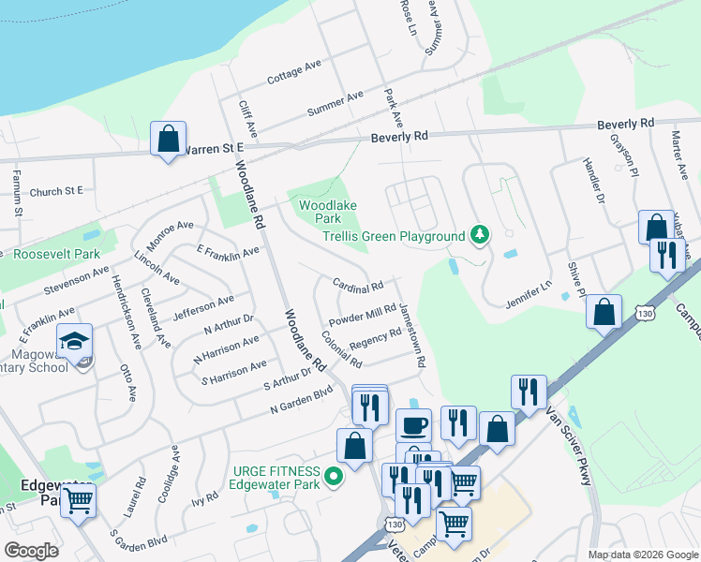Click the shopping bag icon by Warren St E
(168, 139)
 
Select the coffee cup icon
(413, 425)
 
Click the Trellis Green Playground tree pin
(480, 233)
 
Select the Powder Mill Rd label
(363, 316)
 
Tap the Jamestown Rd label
(413, 334)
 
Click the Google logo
(31, 551)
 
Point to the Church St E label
(56, 191)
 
